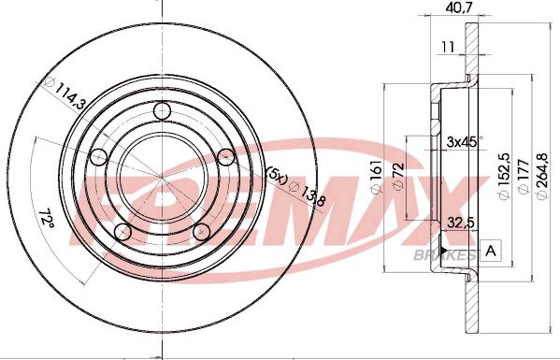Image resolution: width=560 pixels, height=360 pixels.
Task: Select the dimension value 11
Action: pos(450,44)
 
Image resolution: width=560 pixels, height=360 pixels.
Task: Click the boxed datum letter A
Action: pos(493,251)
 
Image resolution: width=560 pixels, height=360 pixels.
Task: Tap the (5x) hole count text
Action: pos(277,175)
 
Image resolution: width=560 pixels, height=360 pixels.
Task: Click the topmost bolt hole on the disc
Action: pos(163,112)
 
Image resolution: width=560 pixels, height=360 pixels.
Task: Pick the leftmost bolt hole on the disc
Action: pos(96,158)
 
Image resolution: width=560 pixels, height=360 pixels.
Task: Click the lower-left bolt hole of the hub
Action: pos(122,231)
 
